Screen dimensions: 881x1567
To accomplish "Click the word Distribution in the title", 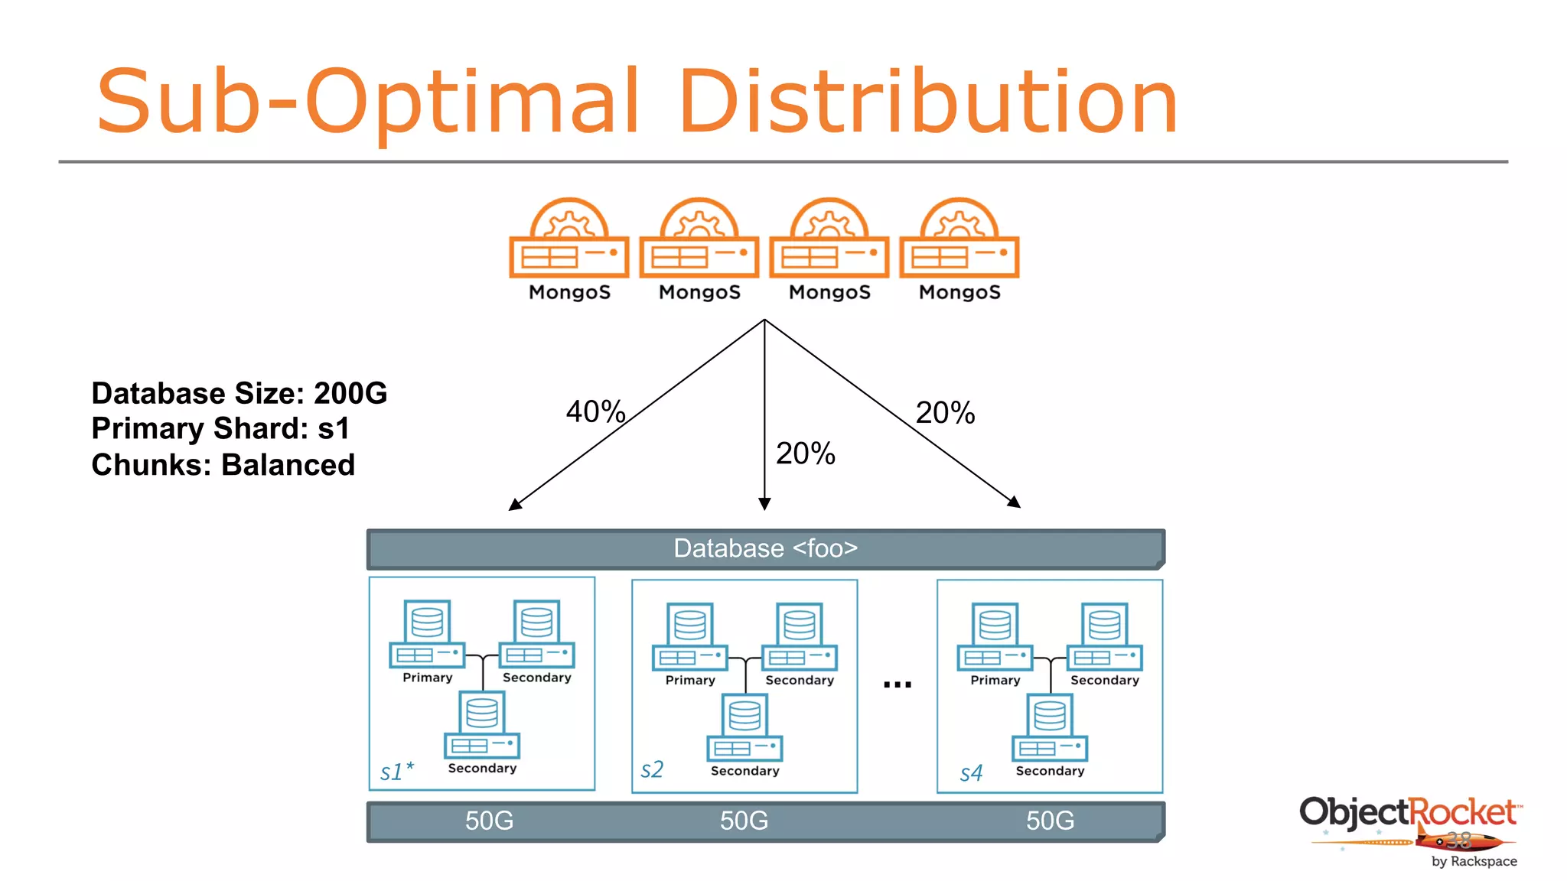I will point(927,102).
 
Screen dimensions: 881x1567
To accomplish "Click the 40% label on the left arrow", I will point(595,411).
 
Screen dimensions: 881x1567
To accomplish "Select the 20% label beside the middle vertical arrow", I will point(805,454).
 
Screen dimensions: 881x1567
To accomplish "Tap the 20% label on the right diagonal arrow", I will point(945,413).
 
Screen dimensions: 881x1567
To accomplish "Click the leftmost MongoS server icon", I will point(569,239).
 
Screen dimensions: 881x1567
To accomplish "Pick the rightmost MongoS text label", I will point(959,292).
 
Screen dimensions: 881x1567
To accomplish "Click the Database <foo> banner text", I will point(765,548).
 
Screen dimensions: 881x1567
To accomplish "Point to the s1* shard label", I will point(396,771).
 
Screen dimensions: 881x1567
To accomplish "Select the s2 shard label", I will point(652,769).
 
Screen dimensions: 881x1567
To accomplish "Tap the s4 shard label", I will point(971,773).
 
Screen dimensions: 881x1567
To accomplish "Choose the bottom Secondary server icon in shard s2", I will point(744,727).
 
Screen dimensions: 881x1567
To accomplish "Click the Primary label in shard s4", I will point(995,680).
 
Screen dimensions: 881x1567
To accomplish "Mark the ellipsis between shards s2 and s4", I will point(897,684).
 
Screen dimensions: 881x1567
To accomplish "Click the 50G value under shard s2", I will point(744,821).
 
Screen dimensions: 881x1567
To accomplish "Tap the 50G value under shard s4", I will point(1050,821).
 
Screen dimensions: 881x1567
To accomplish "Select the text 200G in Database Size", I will point(350,393).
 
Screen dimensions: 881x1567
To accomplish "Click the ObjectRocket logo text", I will point(1408,812).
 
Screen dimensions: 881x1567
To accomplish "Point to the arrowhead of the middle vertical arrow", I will point(764,503).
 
